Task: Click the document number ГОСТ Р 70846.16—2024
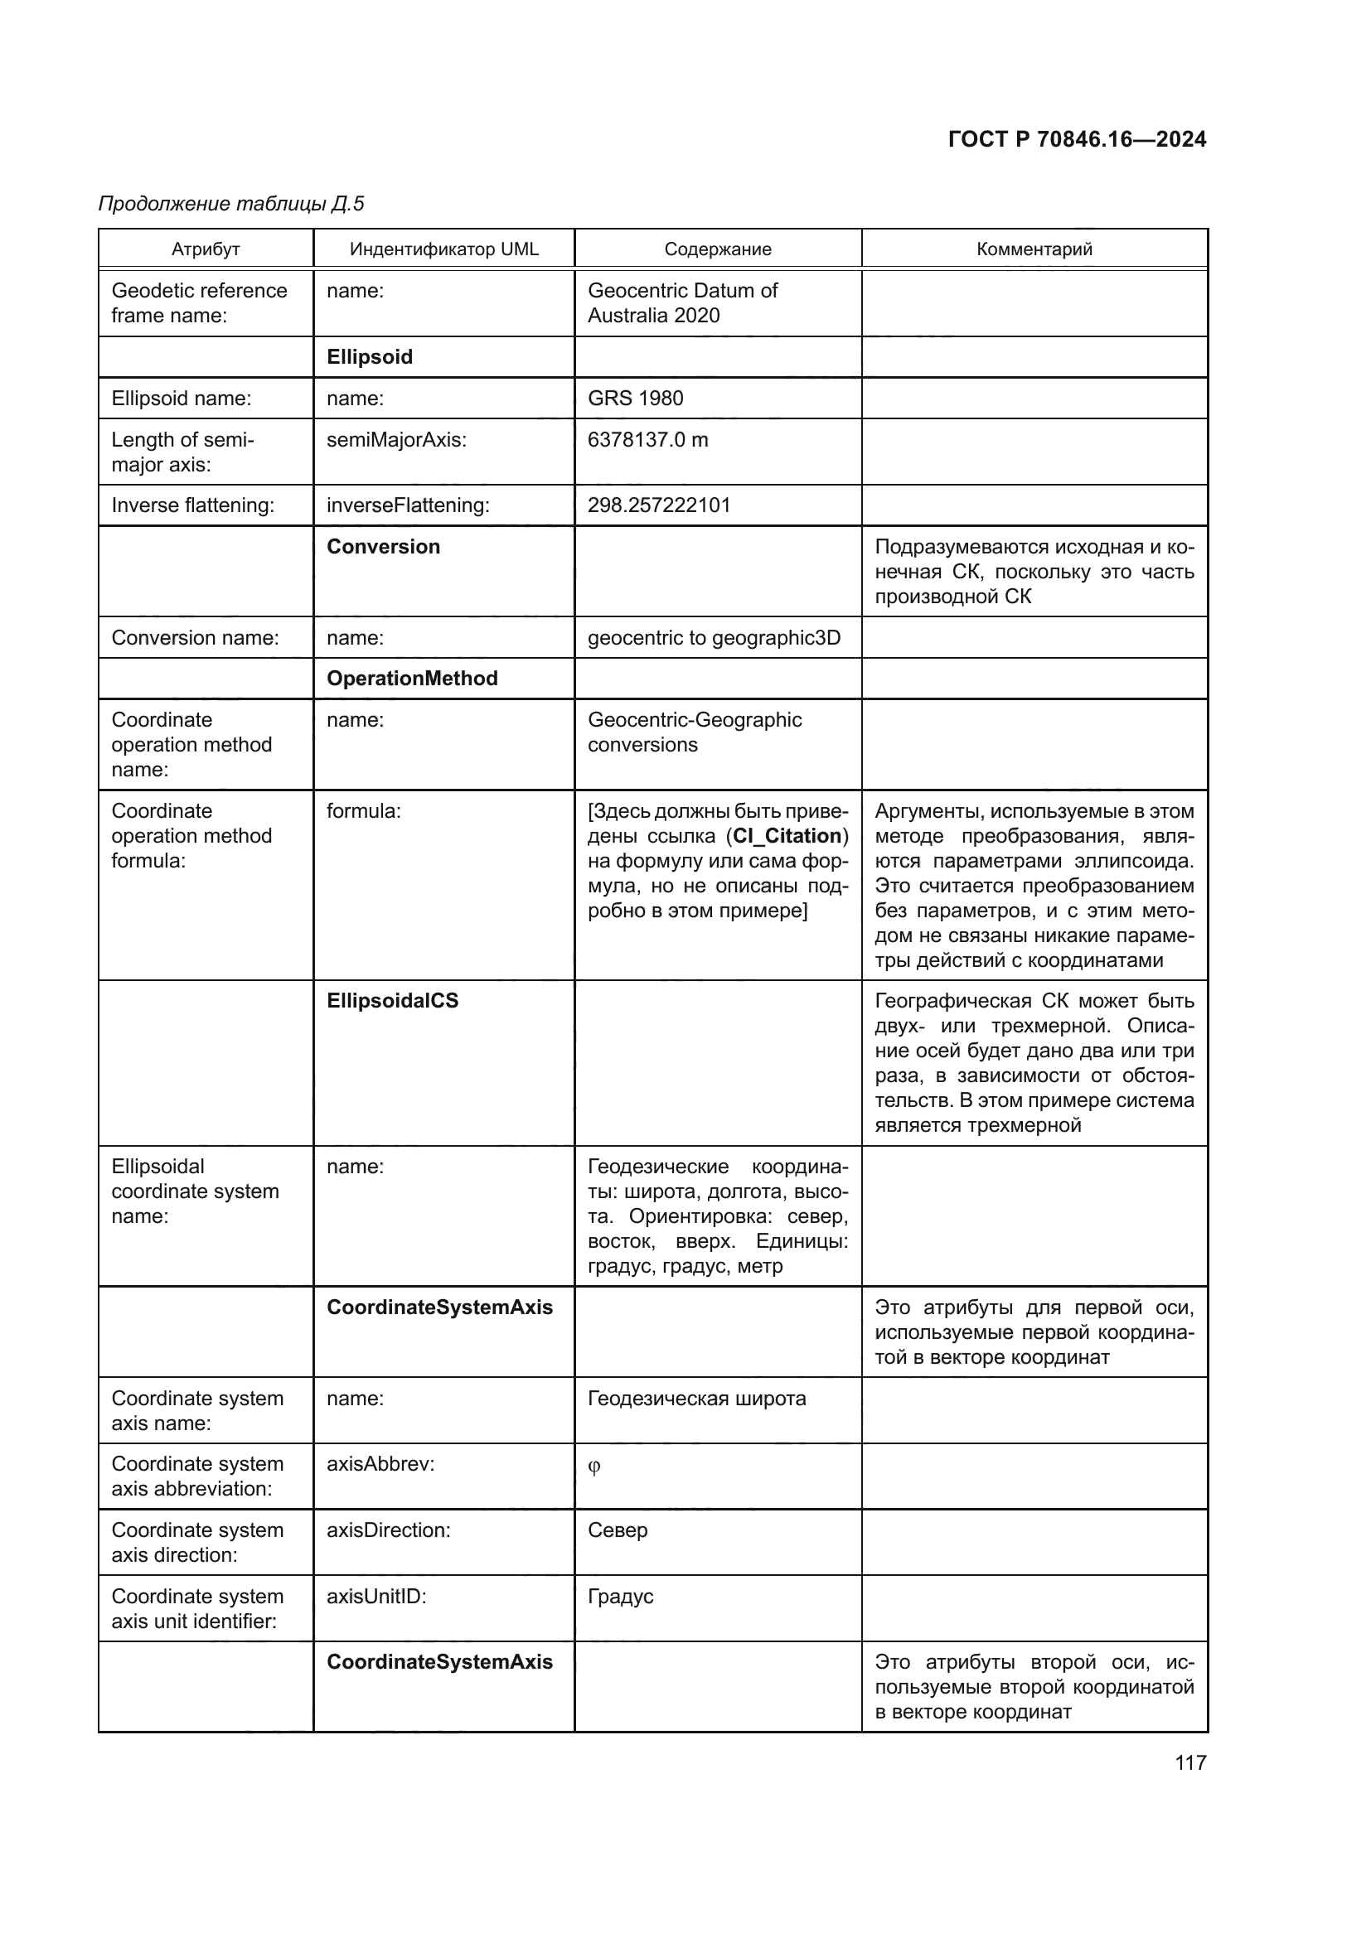(x=1077, y=139)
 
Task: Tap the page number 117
(x=1190, y=1762)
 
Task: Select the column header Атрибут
(x=206, y=249)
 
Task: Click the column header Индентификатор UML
(x=444, y=249)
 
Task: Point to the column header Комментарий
(x=1034, y=249)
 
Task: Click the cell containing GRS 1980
(x=636, y=399)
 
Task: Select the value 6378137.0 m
(x=647, y=440)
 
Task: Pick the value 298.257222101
(x=658, y=505)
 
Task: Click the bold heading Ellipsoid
(x=370, y=357)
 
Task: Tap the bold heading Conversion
(x=383, y=547)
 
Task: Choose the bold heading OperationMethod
(x=412, y=679)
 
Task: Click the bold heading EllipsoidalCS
(x=393, y=1001)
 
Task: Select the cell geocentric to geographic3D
(x=715, y=638)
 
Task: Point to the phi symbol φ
(x=594, y=1467)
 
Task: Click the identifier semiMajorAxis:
(x=397, y=440)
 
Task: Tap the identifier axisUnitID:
(x=376, y=1597)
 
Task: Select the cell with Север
(x=618, y=1530)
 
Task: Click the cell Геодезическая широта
(x=696, y=1399)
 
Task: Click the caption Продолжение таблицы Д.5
(x=231, y=204)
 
